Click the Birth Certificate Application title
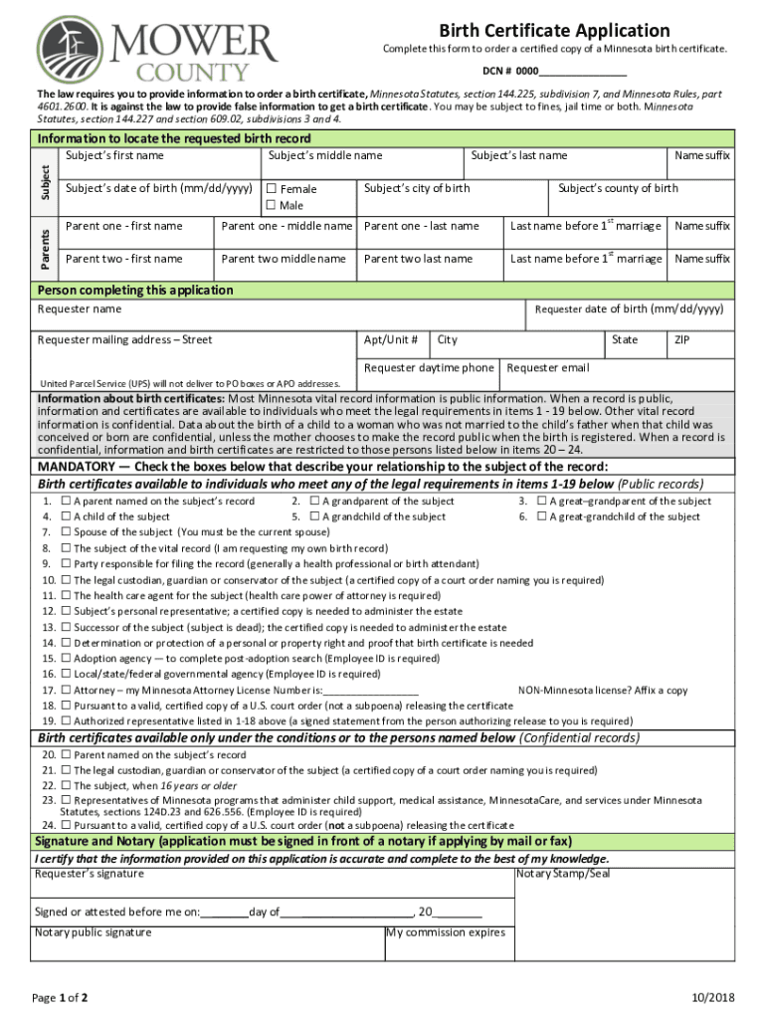point(554,31)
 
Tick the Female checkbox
point(271,189)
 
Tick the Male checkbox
point(271,206)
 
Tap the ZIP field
point(699,347)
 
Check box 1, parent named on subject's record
point(66,502)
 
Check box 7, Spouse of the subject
point(66,532)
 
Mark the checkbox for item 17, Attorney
point(66,690)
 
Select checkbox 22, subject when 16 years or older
point(66,785)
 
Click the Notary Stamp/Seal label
point(564,875)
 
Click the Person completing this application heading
point(135,291)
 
